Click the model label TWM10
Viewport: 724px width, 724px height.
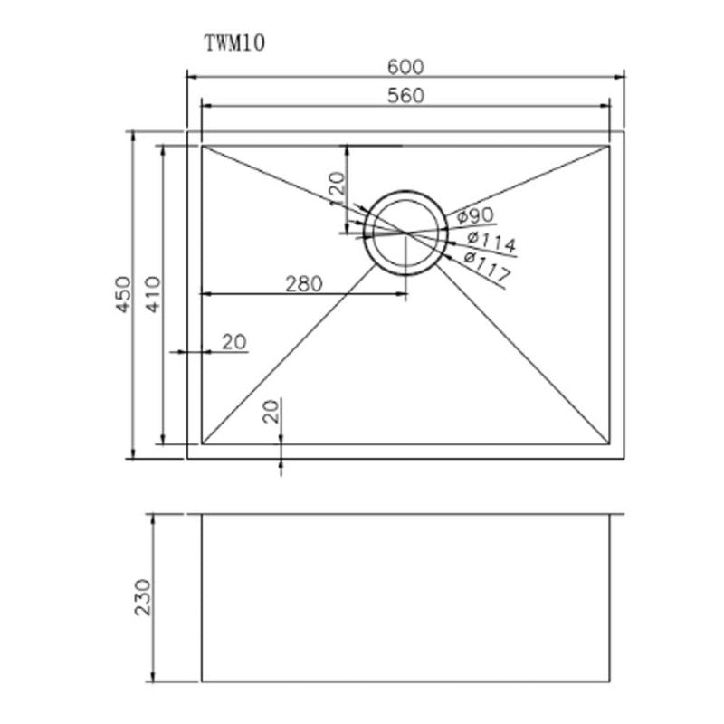(233, 43)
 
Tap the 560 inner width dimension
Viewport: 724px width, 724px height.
(406, 95)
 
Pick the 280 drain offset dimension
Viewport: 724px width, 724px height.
(303, 283)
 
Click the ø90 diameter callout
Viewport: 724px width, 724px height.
(474, 216)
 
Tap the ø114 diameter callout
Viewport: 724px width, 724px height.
(491, 241)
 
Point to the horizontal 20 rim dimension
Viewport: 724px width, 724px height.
(233, 341)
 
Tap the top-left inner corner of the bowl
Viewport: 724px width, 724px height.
(201, 144)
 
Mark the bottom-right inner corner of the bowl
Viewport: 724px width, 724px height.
(610, 444)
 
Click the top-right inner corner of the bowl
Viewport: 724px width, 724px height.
(610, 144)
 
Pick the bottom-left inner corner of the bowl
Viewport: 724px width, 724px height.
(201, 444)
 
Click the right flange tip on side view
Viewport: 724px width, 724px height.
(622, 515)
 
